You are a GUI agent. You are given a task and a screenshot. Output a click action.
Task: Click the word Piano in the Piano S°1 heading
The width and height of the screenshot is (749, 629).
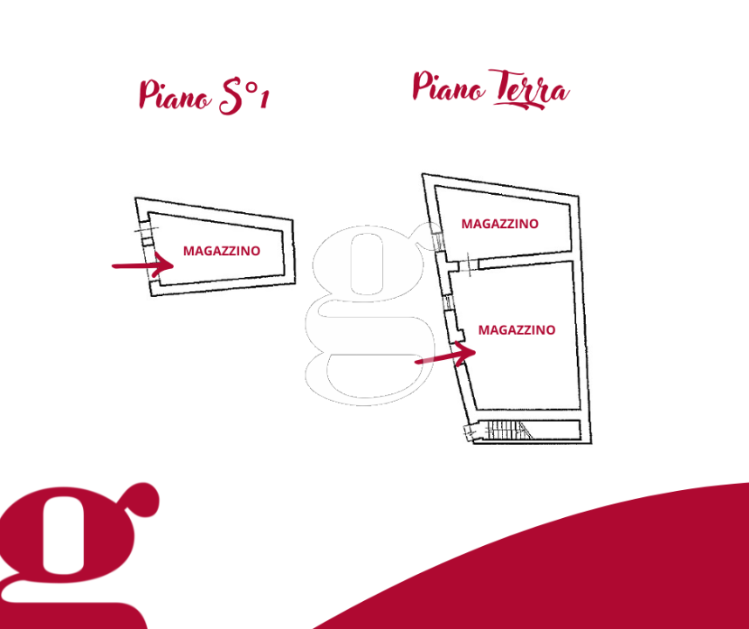(175, 95)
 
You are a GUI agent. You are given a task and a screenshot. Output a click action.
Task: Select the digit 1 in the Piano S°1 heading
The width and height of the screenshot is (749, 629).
(265, 100)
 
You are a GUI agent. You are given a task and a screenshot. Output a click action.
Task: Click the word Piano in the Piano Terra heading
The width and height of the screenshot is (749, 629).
(449, 86)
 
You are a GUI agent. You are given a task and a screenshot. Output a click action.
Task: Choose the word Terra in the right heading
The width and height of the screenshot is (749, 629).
(529, 89)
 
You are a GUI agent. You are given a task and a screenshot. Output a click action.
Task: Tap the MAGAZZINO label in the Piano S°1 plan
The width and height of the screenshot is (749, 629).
(222, 251)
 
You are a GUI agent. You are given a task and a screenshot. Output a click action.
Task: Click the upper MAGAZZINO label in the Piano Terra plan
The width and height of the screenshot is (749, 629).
(499, 224)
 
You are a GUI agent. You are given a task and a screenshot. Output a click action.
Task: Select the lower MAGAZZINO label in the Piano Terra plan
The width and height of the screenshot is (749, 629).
(517, 330)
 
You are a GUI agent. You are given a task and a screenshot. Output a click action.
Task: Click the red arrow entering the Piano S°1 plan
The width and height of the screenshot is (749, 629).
(142, 265)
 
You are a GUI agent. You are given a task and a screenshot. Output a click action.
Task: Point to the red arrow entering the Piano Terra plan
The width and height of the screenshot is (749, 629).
(445, 355)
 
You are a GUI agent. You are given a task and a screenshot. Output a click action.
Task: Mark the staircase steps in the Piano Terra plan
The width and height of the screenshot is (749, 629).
(508, 430)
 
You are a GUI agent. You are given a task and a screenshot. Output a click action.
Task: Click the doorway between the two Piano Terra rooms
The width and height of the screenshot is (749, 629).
(469, 265)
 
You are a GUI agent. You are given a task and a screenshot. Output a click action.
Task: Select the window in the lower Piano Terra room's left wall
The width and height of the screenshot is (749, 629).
(449, 303)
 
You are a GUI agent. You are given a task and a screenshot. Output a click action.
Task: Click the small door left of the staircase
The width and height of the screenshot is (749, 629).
(471, 432)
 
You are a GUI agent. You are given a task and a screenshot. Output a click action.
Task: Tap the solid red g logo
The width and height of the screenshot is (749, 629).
(79, 556)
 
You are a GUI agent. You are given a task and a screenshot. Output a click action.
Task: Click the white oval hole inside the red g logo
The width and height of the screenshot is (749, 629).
(63, 535)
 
